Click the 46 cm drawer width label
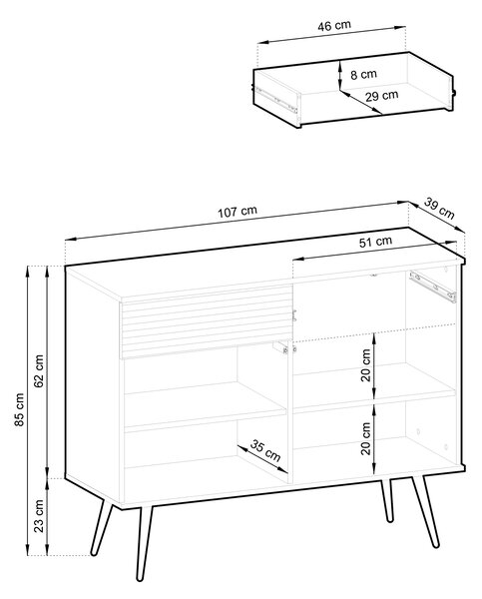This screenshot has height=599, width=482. click(x=334, y=26)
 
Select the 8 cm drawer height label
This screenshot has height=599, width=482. click(x=363, y=74)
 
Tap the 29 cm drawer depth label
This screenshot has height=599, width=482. click(x=381, y=95)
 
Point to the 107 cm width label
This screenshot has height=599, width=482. click(x=238, y=212)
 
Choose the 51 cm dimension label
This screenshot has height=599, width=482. click(x=375, y=242)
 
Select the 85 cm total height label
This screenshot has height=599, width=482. click(x=19, y=409)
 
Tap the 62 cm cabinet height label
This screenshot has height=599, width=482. click(x=39, y=371)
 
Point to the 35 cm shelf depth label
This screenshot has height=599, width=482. click(x=265, y=450)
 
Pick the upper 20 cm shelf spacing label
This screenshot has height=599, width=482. click(x=365, y=364)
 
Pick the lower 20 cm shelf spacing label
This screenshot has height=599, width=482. click(x=365, y=438)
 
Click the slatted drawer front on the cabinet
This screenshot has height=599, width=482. click(x=208, y=321)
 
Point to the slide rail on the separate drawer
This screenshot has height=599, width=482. click(x=277, y=100)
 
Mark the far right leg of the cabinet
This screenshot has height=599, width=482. click(x=425, y=512)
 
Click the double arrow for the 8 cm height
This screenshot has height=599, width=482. click(x=339, y=75)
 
